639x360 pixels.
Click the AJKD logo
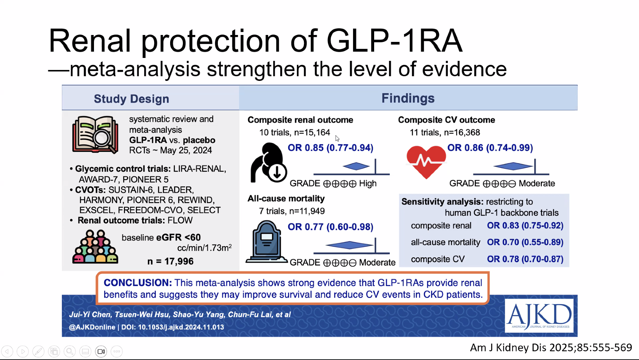click(x=539, y=315)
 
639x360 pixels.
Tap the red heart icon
click(x=426, y=161)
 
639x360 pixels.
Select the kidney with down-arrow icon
click(x=268, y=163)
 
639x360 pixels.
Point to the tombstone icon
click(x=266, y=242)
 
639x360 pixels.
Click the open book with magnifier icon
click(x=95, y=134)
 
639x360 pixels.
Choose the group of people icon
click(x=95, y=246)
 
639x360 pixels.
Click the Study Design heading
click(x=132, y=99)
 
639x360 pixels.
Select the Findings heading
click(x=408, y=98)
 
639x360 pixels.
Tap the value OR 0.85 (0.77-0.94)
click(x=330, y=148)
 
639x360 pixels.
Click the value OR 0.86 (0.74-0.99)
click(x=490, y=148)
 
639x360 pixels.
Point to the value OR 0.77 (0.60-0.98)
click(x=330, y=227)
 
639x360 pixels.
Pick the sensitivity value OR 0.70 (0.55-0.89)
click(x=525, y=242)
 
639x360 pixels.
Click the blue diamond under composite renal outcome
click(x=356, y=167)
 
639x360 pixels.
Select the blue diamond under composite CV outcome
click(x=513, y=167)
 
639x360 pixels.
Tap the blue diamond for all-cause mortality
click(x=349, y=245)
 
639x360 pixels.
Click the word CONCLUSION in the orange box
click(x=138, y=283)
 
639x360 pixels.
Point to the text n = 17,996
click(x=170, y=261)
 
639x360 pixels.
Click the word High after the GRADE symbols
click(x=368, y=184)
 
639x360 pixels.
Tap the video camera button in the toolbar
click(x=101, y=352)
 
